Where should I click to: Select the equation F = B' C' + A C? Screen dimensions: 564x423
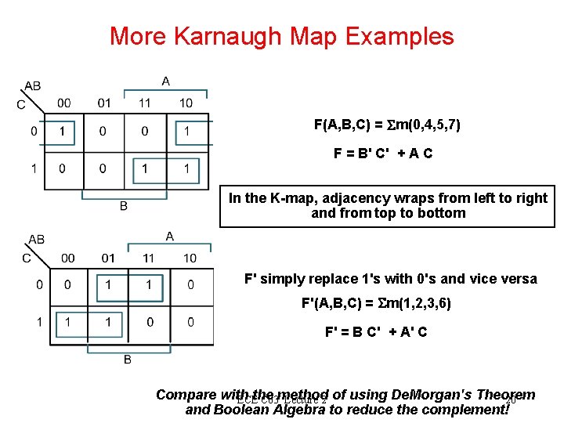[383, 154]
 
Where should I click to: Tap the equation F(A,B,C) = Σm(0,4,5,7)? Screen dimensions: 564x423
[381, 125]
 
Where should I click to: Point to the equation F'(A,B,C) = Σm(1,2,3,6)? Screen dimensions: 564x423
[376, 303]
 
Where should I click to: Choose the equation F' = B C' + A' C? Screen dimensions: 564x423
[376, 331]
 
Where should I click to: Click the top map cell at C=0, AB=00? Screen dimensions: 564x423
[62, 132]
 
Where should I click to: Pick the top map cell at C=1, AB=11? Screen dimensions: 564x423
[144, 168]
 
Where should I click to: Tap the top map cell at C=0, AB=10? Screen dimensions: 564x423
[186, 132]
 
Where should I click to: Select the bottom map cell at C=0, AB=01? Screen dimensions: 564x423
[108, 286]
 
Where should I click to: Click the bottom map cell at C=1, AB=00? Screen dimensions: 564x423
[67, 322]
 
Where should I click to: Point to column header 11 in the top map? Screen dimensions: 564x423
[144, 103]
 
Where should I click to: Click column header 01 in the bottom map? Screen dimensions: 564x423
[108, 258]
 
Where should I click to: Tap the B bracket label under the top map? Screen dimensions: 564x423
[123, 206]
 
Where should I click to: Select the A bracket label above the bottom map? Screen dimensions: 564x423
[169, 236]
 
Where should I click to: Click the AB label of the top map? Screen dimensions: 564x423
[33, 85]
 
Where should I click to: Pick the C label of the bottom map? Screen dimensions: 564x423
[27, 255]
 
